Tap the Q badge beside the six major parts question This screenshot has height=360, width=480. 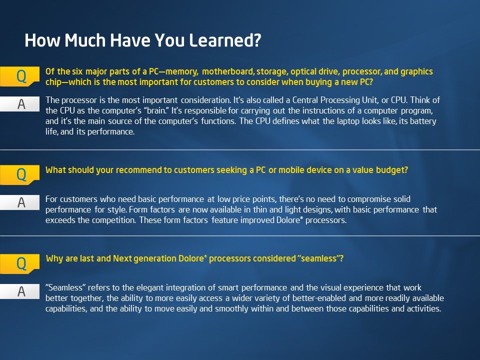point(20,76)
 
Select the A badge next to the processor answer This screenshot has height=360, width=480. point(20,104)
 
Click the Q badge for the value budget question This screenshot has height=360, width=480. point(20,174)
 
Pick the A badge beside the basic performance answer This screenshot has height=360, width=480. point(20,202)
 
